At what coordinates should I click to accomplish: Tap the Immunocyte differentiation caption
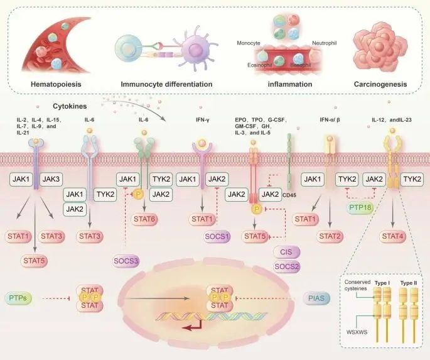coord(166,84)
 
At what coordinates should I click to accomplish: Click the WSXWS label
coord(357,331)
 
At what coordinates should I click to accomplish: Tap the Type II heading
coord(409,283)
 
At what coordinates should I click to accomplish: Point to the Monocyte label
coord(249,43)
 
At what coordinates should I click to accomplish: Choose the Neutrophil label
coord(325,43)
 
